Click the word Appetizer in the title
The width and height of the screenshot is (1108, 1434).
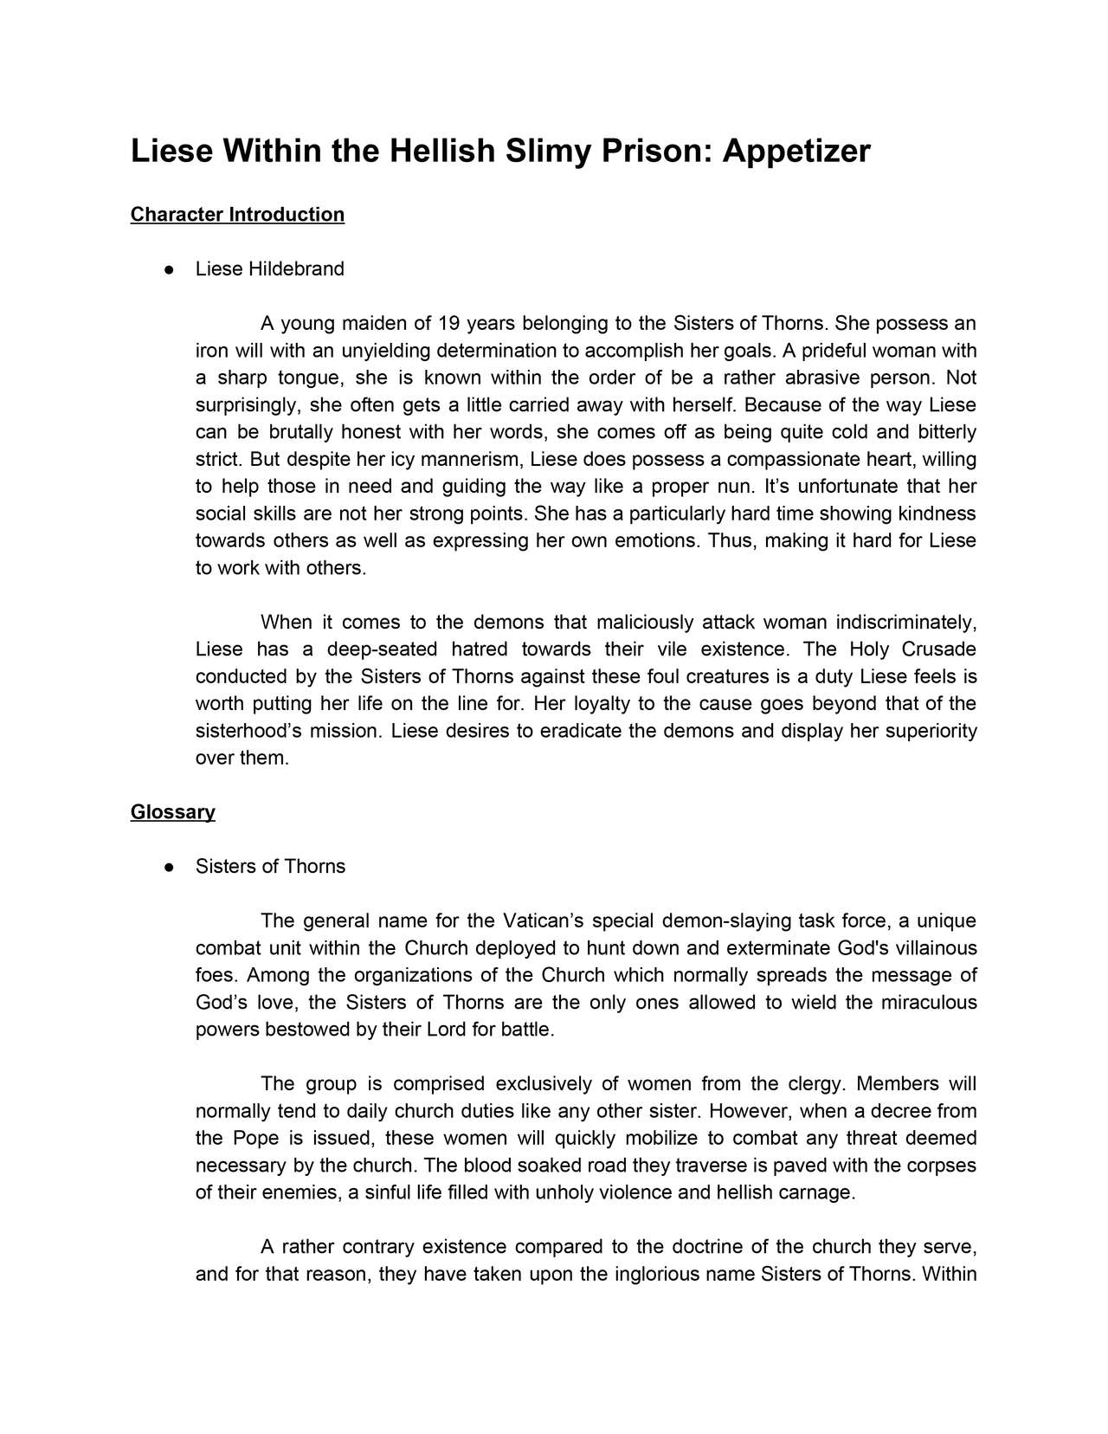click(796, 152)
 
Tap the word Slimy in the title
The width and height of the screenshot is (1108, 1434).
click(545, 152)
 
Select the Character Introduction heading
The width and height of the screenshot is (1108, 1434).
click(237, 215)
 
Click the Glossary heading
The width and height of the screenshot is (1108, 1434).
click(172, 812)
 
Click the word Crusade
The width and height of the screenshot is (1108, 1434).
click(938, 649)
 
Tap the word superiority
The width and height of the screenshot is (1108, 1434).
click(926, 731)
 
